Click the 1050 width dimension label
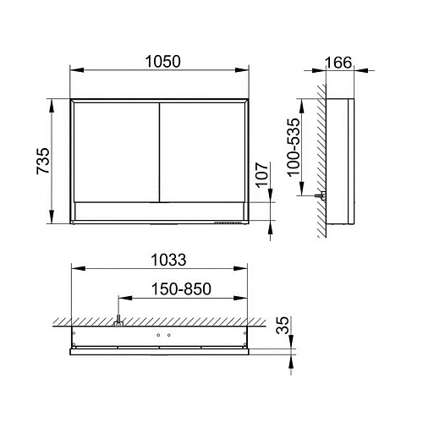[x=162, y=62]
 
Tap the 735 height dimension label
[x=43, y=161]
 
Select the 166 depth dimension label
[x=338, y=63]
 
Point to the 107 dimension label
[x=262, y=174]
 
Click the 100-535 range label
[x=294, y=147]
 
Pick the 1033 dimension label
[x=168, y=260]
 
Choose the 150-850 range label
[x=181, y=288]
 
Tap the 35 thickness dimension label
[x=283, y=325]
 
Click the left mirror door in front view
[x=117, y=152]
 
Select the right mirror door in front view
[x=202, y=152]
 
